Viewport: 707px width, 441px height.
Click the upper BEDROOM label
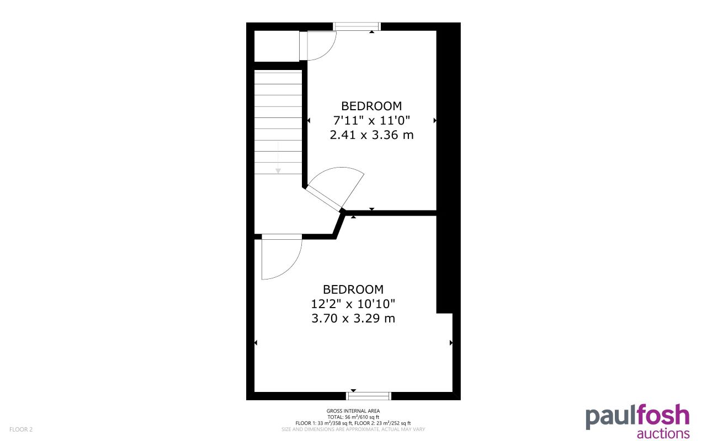[x=371, y=106]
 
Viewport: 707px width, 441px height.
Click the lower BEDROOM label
[x=353, y=289]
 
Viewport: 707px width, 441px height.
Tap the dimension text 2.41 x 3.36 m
[x=371, y=135]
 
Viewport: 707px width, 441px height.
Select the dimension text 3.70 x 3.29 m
[x=353, y=318]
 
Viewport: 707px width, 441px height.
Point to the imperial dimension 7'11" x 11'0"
[x=371, y=120]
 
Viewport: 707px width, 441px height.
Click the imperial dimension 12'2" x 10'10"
[x=353, y=304]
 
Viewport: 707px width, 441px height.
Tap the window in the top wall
[x=357, y=26]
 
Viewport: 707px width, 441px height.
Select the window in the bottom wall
[x=369, y=395]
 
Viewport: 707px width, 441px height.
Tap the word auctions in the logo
[x=663, y=433]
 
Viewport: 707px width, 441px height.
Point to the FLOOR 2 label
[x=21, y=429]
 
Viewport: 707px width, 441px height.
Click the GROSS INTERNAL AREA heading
[x=353, y=411]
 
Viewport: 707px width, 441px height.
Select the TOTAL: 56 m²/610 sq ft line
[x=353, y=417]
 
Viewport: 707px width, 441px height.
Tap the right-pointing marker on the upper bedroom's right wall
[x=435, y=120]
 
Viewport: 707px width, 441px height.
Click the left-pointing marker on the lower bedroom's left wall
[x=256, y=343]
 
